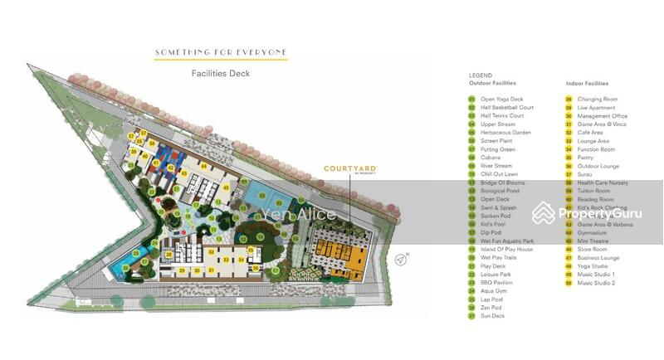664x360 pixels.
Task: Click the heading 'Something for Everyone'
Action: click(x=221, y=52)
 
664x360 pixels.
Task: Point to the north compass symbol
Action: click(x=402, y=259)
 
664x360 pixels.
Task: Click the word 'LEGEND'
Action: click(x=481, y=75)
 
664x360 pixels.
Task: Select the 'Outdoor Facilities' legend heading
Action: click(x=492, y=84)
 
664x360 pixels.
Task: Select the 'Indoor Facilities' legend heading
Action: click(x=587, y=84)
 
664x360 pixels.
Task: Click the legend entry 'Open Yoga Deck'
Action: click(x=501, y=100)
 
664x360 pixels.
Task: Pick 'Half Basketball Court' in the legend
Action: click(x=506, y=108)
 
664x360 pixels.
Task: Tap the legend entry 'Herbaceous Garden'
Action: click(x=504, y=133)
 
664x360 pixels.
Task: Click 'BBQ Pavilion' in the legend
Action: click(x=496, y=283)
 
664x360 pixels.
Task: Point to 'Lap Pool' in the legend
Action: click(x=492, y=299)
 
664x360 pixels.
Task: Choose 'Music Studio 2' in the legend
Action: click(x=596, y=283)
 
